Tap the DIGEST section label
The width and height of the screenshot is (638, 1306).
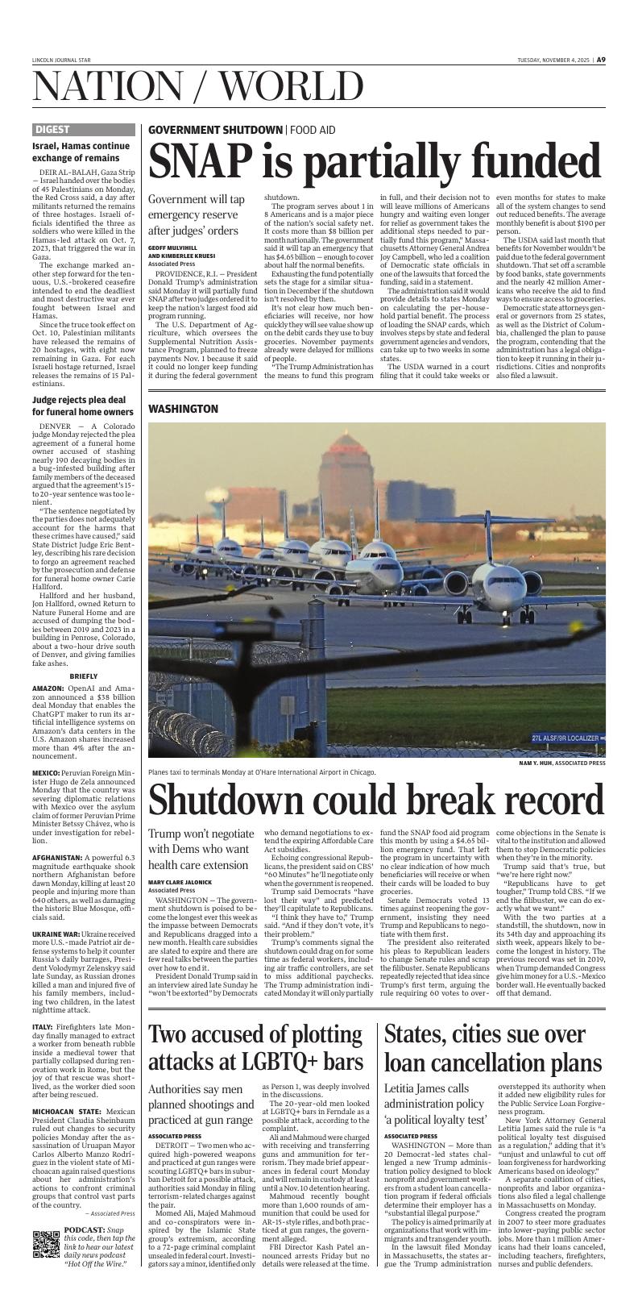pos(52,129)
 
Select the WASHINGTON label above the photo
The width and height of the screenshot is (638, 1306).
pos(183,409)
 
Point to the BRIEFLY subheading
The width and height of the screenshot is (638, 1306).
pos(84,676)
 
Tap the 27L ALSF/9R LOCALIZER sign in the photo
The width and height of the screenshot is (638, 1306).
pos(565,738)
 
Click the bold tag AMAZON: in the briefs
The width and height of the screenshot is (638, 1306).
pos(50,688)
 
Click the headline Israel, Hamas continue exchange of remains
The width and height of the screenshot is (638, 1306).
pos(81,152)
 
